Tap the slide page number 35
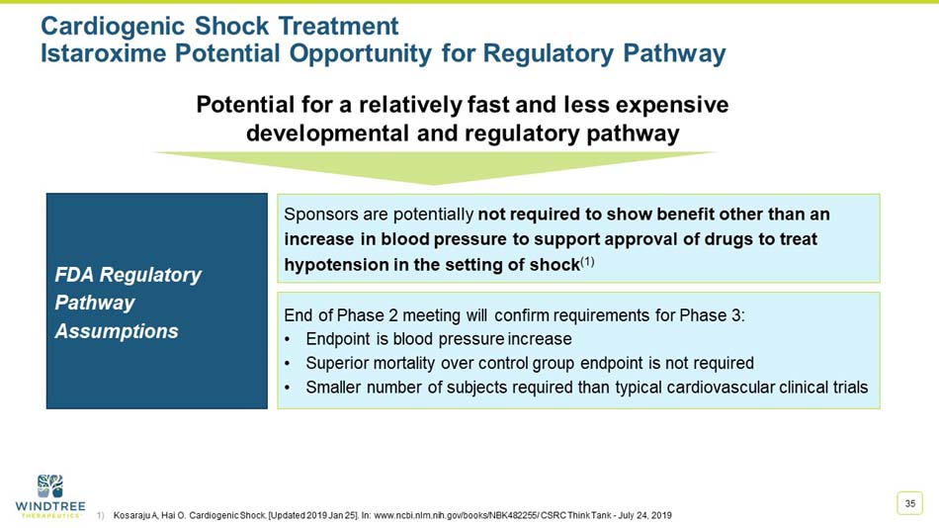click(x=909, y=503)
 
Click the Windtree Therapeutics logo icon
click(x=49, y=485)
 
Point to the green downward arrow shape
click(x=434, y=167)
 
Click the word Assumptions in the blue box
click(x=117, y=331)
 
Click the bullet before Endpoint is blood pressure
click(x=288, y=339)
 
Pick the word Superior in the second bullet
click(x=339, y=363)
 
